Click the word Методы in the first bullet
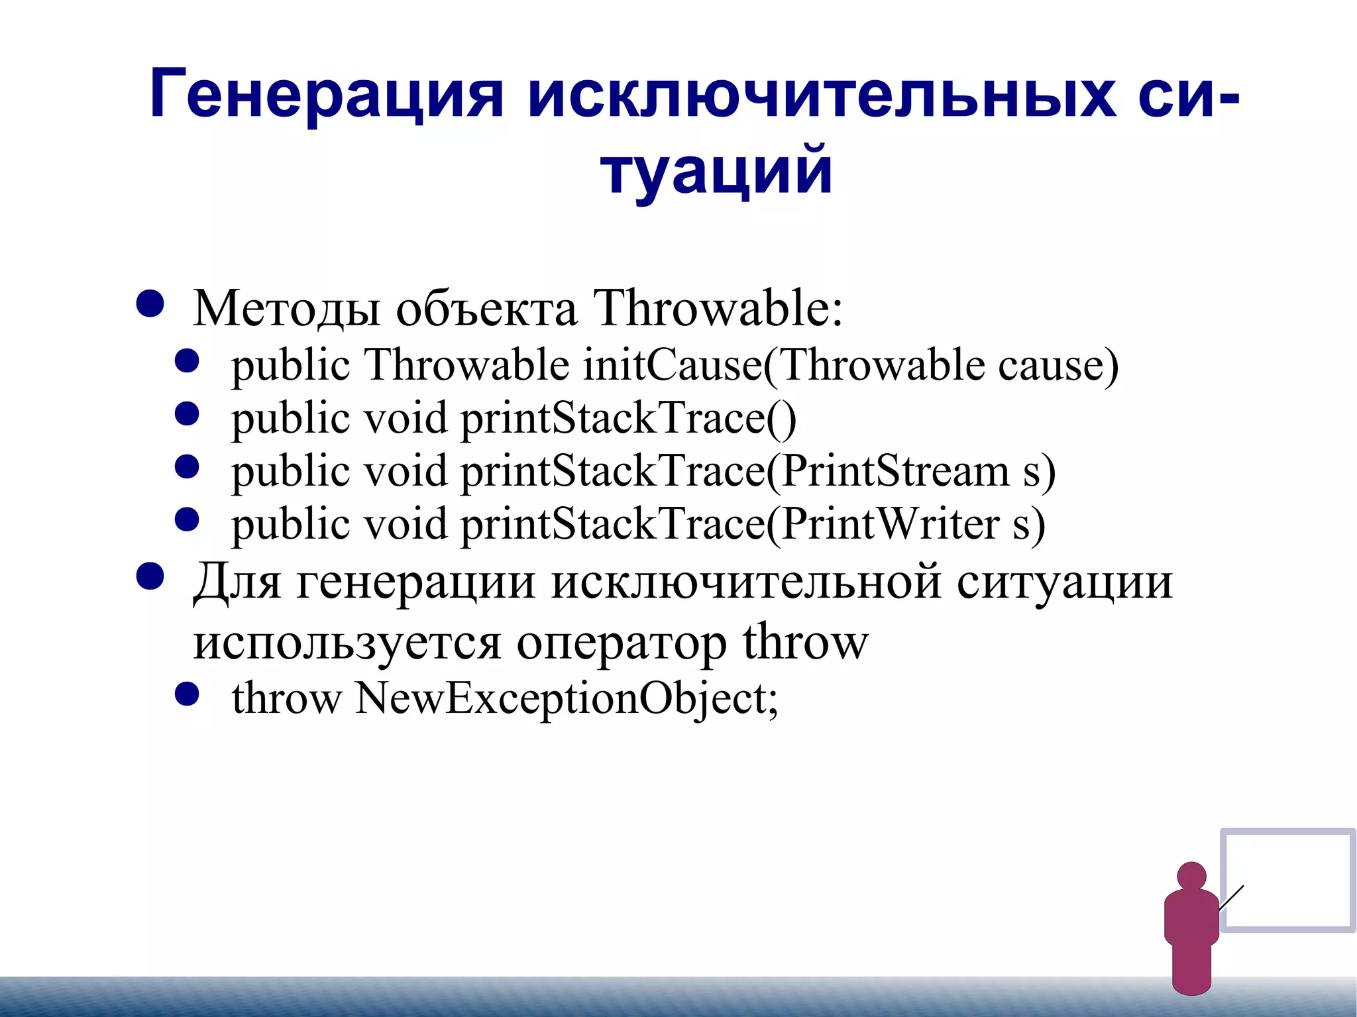[x=286, y=309]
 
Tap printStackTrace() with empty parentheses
[x=628, y=419]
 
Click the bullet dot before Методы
[x=150, y=304]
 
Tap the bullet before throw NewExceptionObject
[x=187, y=694]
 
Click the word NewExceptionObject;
[x=567, y=698]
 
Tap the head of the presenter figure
[x=1191, y=876]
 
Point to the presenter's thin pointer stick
[x=1231, y=898]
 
